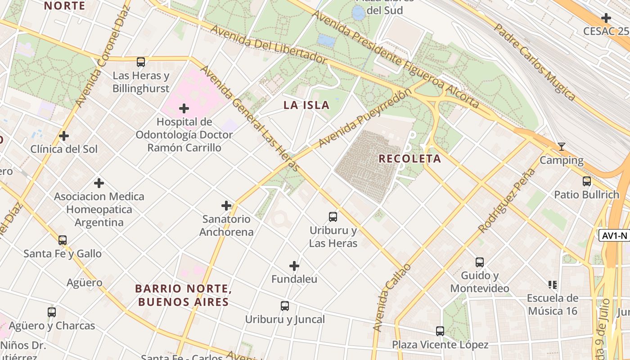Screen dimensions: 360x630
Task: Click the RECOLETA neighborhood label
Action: tap(409, 159)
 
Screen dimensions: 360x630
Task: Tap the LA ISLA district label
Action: tap(306, 105)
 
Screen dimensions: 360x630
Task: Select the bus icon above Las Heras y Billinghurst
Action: tap(141, 62)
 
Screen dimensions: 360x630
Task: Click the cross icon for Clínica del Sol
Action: tap(64, 136)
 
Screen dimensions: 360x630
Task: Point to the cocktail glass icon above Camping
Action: tap(561, 147)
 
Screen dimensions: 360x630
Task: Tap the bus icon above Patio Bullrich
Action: tap(587, 181)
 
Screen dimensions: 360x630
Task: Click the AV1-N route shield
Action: tap(614, 235)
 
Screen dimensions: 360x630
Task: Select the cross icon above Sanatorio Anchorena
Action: tap(226, 206)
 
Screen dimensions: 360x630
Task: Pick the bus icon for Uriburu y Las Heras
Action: tap(333, 217)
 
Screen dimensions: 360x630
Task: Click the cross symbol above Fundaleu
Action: tap(294, 266)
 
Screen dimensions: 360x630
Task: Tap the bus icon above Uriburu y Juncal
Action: tap(285, 306)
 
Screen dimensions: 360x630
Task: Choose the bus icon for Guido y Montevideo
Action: tap(480, 262)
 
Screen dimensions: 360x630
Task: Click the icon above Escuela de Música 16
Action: tap(553, 284)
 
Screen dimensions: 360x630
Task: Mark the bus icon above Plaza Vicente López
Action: tap(440, 331)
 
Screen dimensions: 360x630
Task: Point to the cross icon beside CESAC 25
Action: tap(606, 18)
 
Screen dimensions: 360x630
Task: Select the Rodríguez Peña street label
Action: tap(507, 201)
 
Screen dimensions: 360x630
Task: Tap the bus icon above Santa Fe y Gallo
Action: tap(63, 240)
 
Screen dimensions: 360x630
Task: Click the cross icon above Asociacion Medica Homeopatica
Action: tap(99, 183)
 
